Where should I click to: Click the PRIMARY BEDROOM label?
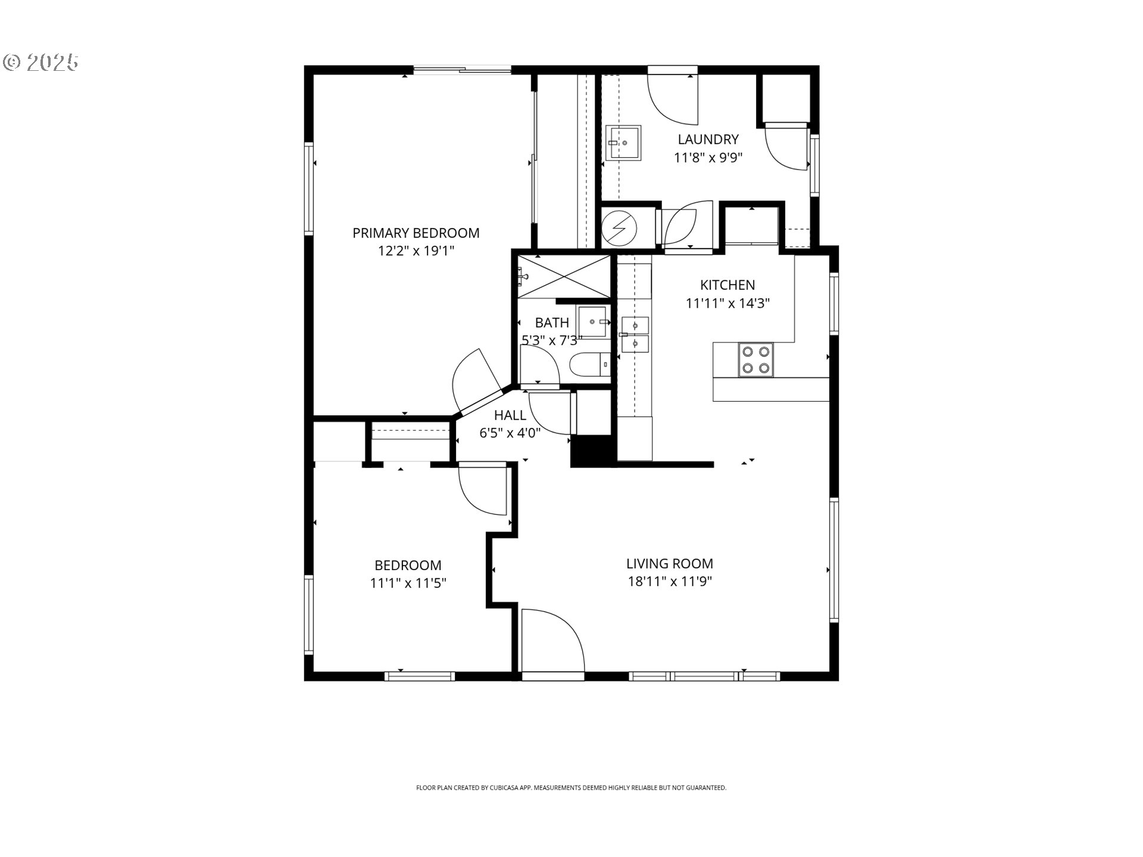click(x=416, y=233)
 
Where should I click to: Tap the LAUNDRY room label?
click(x=708, y=139)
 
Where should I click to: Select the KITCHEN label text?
click(x=727, y=285)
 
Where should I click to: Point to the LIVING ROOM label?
click(x=670, y=563)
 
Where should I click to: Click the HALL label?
click(x=510, y=415)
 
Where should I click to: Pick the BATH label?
click(x=552, y=323)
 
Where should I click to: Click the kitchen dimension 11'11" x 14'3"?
click(x=727, y=304)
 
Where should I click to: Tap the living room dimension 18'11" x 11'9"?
click(x=670, y=581)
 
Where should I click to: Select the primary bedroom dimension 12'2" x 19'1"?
click(x=416, y=251)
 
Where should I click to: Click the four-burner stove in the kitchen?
click(x=755, y=360)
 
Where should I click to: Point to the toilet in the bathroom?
click(x=590, y=364)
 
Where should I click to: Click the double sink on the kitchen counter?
click(x=635, y=334)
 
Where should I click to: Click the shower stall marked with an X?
click(x=564, y=276)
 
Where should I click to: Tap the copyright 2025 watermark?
click(x=41, y=62)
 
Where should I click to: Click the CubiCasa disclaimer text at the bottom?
click(x=571, y=788)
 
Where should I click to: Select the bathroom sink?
click(x=593, y=321)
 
